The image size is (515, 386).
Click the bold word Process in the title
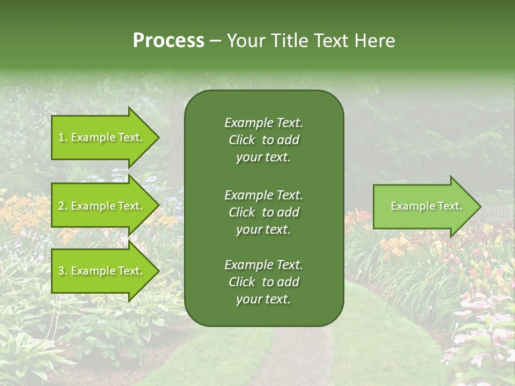(x=168, y=40)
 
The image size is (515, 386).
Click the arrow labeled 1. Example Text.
(x=102, y=137)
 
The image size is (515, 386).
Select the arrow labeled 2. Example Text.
(x=102, y=206)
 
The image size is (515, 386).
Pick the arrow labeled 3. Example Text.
(x=102, y=271)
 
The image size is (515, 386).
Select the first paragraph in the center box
(x=263, y=140)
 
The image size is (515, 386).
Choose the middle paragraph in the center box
(x=263, y=212)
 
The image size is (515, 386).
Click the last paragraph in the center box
(x=263, y=282)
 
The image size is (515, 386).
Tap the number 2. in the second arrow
(x=63, y=206)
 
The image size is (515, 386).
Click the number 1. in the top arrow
(x=63, y=137)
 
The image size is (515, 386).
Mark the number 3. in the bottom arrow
(x=63, y=271)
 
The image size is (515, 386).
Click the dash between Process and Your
(x=215, y=41)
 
